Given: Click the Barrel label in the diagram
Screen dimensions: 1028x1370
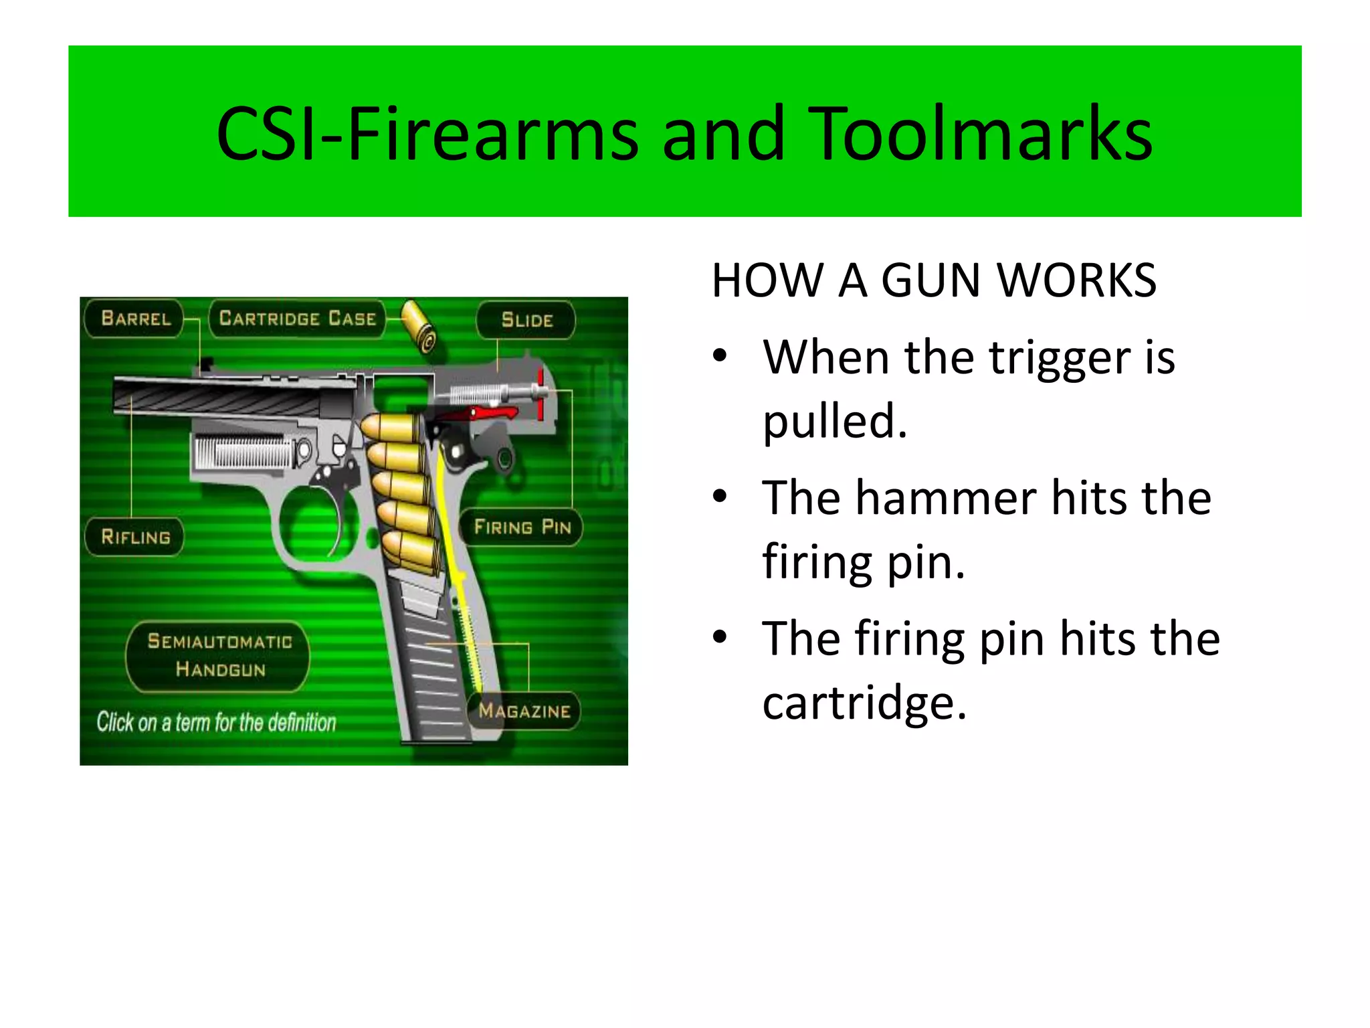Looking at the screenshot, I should (x=136, y=318).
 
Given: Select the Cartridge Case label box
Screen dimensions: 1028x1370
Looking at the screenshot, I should (x=298, y=318).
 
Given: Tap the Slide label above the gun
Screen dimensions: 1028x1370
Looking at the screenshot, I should (x=526, y=320).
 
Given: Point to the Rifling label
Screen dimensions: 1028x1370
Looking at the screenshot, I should (x=135, y=537).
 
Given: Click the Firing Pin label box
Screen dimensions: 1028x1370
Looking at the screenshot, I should (x=522, y=527).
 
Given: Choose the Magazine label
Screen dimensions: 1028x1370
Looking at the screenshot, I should (x=524, y=711).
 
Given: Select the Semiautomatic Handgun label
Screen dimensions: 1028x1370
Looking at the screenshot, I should (x=219, y=656).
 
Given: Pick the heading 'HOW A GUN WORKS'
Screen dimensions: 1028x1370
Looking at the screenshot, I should (x=934, y=280).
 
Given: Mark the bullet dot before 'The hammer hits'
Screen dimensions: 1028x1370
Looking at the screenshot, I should (x=720, y=497).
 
